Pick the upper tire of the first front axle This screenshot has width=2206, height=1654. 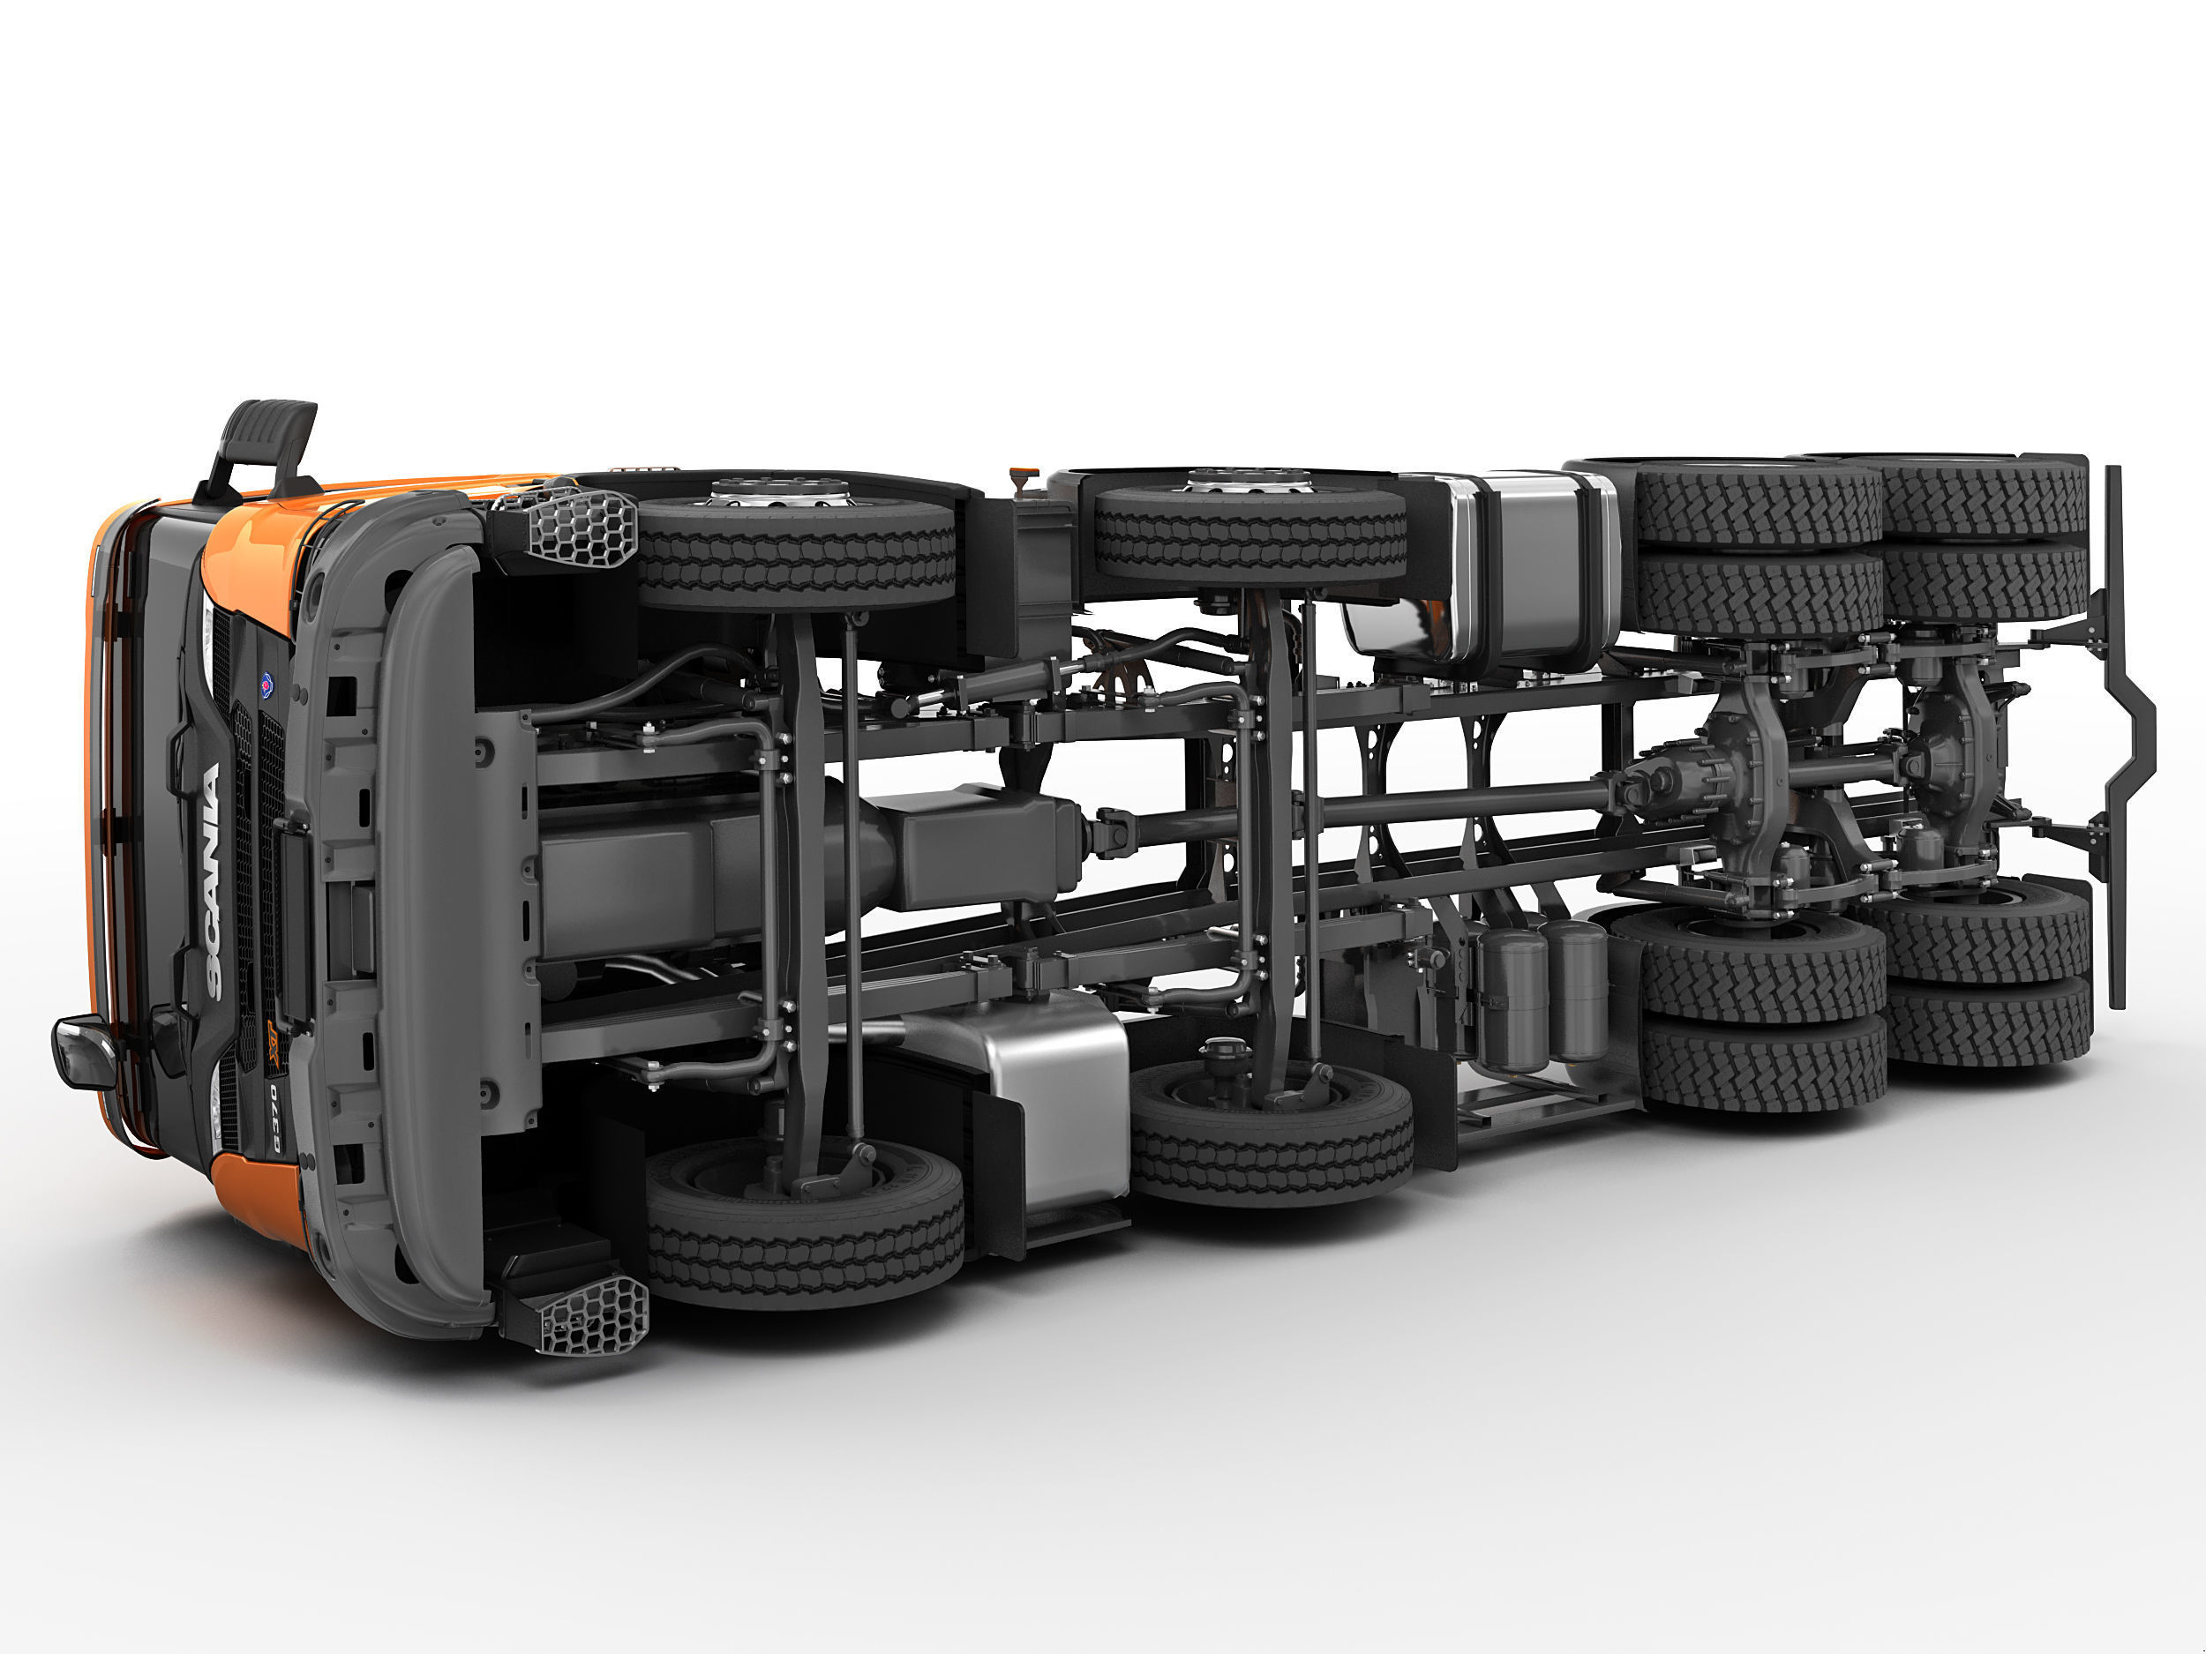[x=795, y=553]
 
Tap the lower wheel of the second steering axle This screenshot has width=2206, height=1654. [x=1272, y=1132]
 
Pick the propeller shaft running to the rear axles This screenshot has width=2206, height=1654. [x=1396, y=807]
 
